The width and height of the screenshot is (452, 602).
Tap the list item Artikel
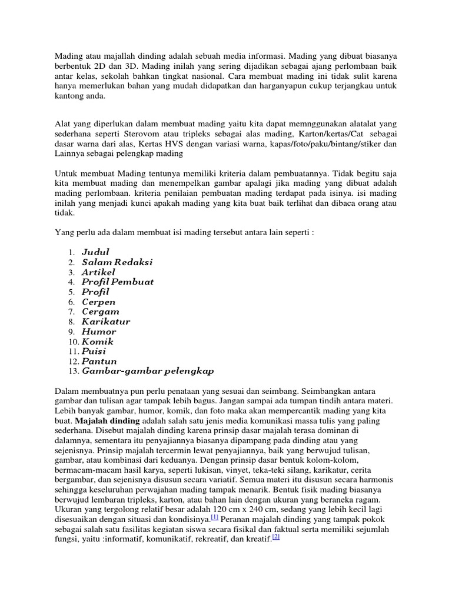98,272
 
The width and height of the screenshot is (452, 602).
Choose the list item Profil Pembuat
118,282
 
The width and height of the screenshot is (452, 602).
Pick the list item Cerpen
98,302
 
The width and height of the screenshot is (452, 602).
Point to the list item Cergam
100,312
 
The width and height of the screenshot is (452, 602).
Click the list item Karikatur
106,322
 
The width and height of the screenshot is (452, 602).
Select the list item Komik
98,342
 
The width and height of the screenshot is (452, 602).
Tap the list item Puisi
94,352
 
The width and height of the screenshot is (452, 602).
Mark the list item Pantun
99,362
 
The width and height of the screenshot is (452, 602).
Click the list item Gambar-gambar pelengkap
148,372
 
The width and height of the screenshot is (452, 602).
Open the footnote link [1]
215,516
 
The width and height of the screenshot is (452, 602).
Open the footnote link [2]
275,536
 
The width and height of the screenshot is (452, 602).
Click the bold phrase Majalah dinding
107,422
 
